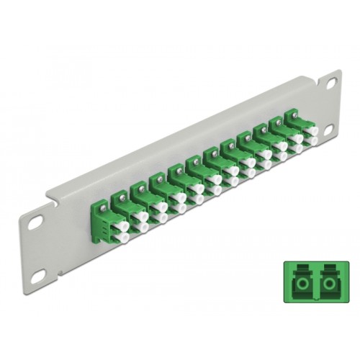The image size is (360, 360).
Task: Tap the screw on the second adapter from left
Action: pos(137,185)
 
